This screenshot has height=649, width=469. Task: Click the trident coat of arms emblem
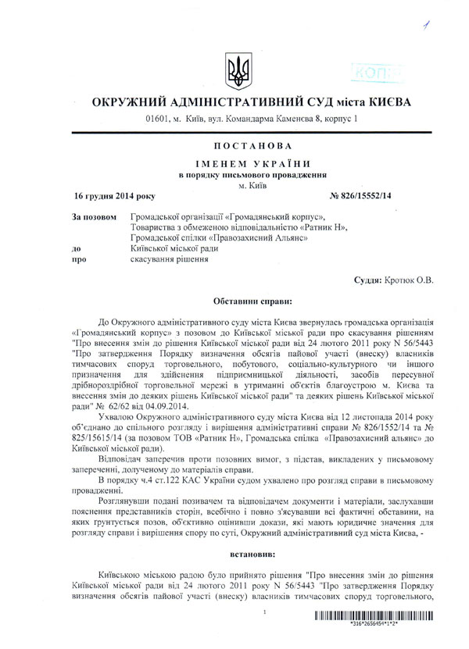(234, 71)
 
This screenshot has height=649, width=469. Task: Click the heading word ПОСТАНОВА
(234, 146)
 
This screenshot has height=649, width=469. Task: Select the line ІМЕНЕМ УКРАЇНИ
(234, 163)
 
